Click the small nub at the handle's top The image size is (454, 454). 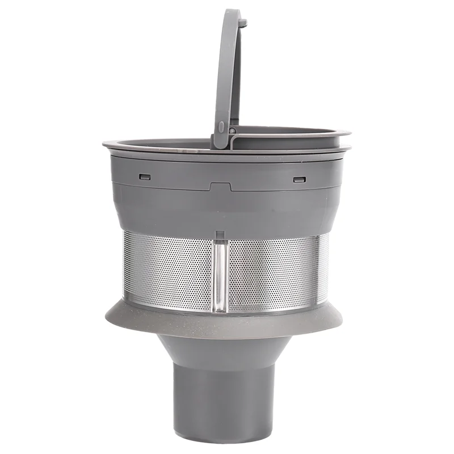coord(243,23)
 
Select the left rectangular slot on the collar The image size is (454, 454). coord(145,176)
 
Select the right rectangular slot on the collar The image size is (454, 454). coord(299,180)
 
